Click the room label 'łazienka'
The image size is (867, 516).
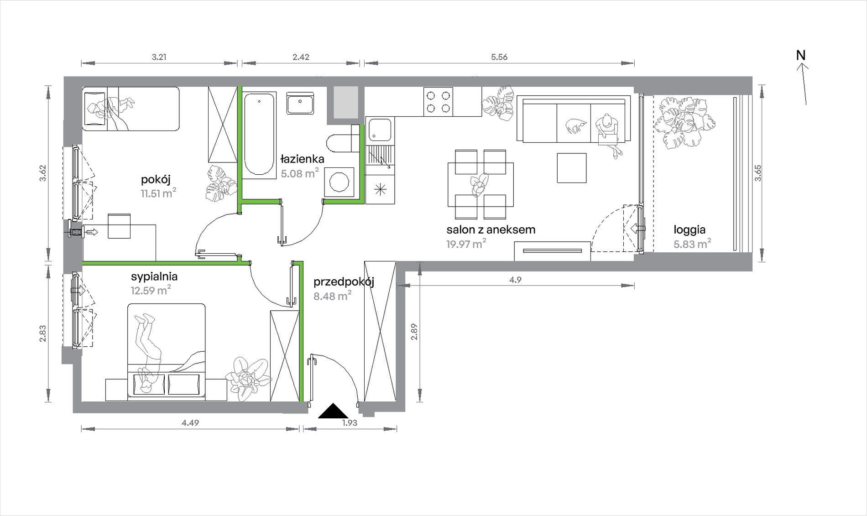(302, 159)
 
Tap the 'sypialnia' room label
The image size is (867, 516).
(154, 276)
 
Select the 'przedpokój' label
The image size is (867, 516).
(344, 282)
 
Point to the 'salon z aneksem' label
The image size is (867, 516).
(491, 229)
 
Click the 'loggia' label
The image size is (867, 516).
(689, 230)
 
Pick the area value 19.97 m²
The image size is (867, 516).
(466, 244)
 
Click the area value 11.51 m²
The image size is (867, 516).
(158, 193)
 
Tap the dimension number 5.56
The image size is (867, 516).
(499, 57)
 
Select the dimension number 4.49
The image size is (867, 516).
(190, 423)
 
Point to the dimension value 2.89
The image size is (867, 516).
(414, 332)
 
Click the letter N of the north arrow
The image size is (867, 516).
(801, 55)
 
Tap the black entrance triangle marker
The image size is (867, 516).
(333, 411)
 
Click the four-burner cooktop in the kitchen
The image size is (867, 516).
(439, 101)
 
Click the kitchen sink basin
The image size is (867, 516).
(380, 130)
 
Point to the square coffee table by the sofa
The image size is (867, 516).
(571, 168)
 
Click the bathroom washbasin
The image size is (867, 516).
(300, 103)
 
